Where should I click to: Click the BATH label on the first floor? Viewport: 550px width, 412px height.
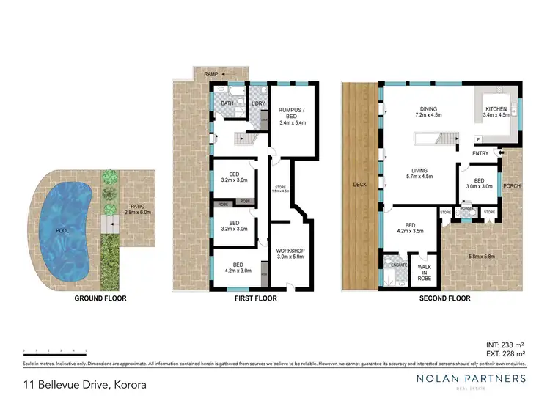point(227,104)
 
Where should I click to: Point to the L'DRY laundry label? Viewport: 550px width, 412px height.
point(257,104)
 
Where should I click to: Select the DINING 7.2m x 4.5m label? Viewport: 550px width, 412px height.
point(426,111)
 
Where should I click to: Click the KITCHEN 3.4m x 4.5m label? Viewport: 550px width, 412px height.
point(496,111)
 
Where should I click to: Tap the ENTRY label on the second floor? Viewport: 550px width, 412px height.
point(480,153)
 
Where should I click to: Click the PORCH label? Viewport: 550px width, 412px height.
point(511,186)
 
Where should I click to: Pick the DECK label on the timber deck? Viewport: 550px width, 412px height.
point(359,185)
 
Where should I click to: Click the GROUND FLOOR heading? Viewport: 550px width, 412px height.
point(100,299)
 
